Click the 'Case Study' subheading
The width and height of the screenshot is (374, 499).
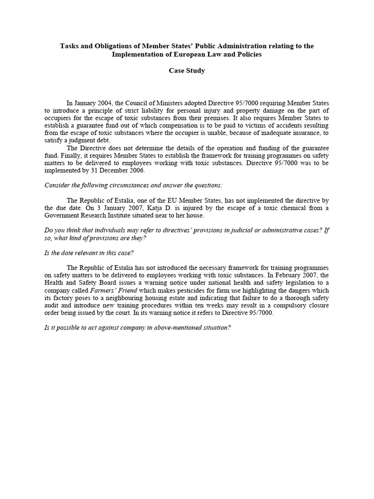click(187, 71)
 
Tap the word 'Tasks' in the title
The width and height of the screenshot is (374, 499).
click(70, 46)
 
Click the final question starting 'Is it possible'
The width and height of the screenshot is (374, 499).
click(137, 327)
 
